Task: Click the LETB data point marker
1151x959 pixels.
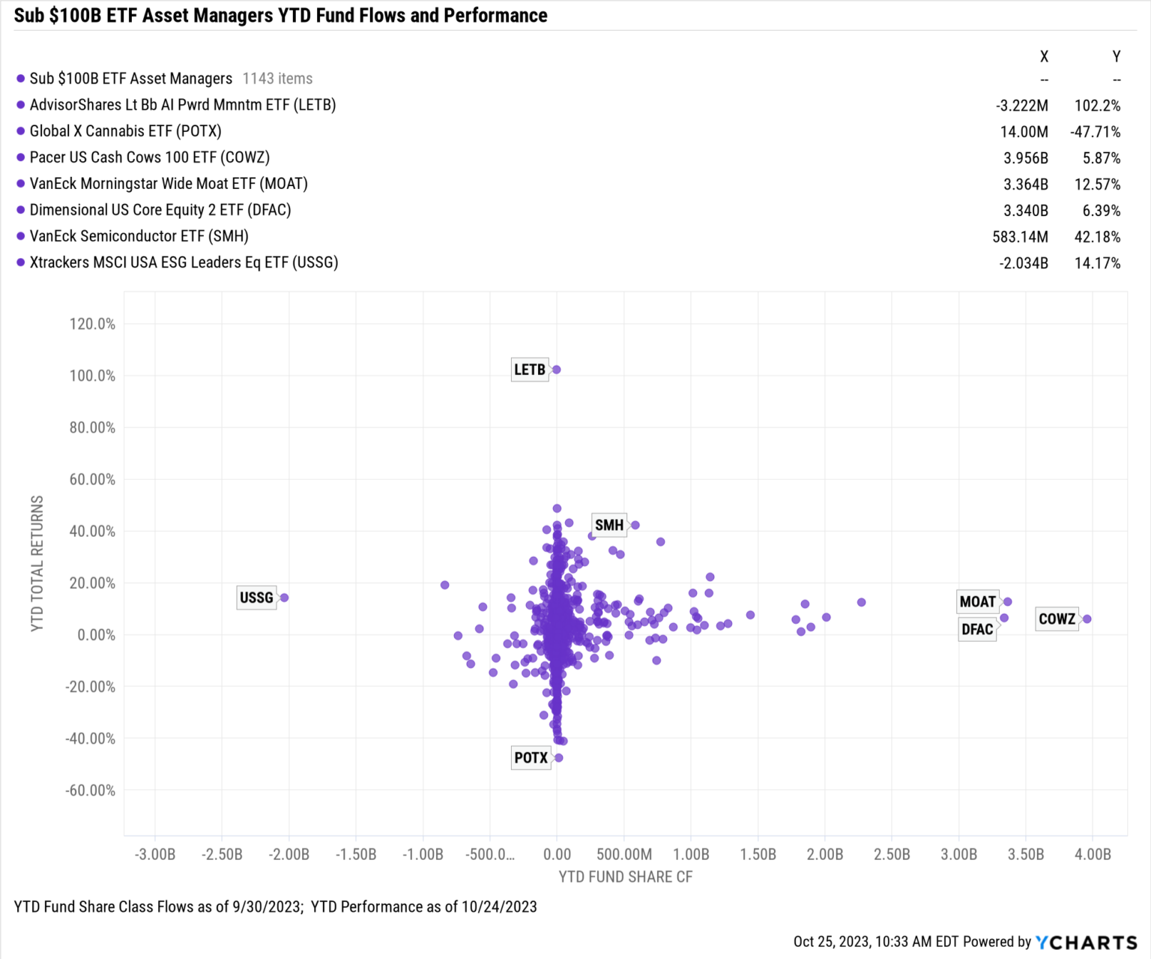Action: tap(556, 370)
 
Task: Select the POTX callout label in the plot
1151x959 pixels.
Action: tap(531, 757)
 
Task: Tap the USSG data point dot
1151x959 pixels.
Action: tap(284, 598)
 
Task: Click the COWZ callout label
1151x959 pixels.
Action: tap(1057, 619)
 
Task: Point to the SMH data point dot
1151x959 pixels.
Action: tap(635, 525)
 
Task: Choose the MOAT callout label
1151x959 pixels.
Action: tap(977, 601)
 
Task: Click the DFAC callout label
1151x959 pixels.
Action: tap(977, 629)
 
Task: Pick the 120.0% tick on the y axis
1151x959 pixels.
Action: tap(92, 324)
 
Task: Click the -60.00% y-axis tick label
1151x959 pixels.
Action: tap(91, 790)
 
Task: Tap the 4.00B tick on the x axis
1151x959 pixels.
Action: tap(1093, 854)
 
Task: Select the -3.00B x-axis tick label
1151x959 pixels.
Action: tap(155, 854)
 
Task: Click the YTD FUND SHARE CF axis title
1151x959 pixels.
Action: tap(625, 877)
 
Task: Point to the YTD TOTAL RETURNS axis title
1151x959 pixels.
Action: tap(37, 563)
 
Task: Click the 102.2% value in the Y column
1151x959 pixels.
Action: tap(1097, 106)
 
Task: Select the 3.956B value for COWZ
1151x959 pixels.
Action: tap(1025, 158)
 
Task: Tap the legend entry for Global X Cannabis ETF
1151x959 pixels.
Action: tap(125, 131)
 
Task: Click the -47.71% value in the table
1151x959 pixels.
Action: tap(1095, 132)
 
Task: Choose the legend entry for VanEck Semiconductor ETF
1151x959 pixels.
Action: tap(139, 236)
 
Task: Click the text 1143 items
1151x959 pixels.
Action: tap(277, 79)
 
